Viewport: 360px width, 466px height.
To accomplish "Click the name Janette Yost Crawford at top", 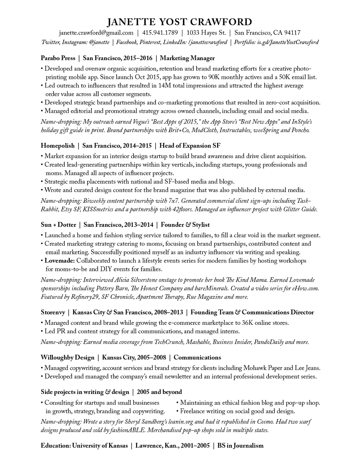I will [180, 22].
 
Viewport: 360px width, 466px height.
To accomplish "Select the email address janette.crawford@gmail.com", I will [96, 33].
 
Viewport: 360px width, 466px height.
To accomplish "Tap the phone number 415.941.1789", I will [160, 33].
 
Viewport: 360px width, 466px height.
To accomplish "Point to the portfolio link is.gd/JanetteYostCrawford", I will [288, 42].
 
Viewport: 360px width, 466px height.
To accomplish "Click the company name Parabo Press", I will [58, 58].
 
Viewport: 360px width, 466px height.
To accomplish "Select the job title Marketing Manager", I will [187, 58].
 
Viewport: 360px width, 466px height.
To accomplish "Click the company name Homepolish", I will [58, 145].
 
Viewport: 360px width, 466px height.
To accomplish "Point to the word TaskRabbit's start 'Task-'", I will [304, 201].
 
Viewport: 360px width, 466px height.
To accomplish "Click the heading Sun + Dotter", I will [58, 225].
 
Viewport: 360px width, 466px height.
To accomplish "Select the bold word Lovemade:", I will [60, 260].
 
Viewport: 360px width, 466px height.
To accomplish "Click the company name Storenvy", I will [53, 312].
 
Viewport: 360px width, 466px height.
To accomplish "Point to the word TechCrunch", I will [169, 342].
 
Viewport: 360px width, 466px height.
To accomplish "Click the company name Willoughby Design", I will [67, 357].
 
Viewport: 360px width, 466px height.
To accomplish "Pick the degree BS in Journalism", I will [240, 445].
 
